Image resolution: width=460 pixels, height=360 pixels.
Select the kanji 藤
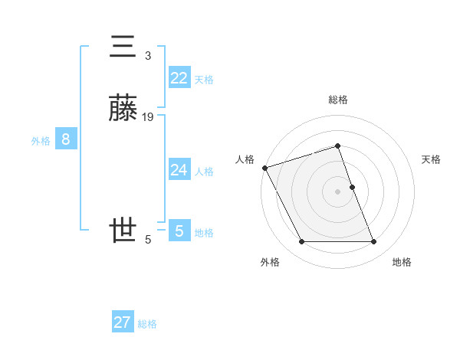[124, 110]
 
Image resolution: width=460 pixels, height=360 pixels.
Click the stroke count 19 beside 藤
[148, 116]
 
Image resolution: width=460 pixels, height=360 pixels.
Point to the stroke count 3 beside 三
[148, 55]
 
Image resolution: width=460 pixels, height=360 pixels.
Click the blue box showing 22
[179, 77]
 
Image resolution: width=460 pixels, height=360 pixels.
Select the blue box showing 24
[179, 169]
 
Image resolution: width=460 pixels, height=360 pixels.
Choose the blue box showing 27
[122, 322]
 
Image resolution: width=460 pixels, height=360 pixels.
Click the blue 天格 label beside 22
[203, 79]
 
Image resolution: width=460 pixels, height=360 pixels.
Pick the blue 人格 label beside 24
[203, 171]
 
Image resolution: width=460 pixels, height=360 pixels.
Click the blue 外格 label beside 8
[41, 141]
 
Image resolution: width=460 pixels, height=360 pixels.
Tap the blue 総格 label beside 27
[147, 324]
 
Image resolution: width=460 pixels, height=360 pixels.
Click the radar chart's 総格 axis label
[338, 100]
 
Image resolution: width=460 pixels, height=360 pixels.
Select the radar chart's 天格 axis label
[432, 159]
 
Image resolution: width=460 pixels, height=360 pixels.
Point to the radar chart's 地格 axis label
[402, 262]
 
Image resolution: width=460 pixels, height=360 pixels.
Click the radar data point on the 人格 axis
[264, 168]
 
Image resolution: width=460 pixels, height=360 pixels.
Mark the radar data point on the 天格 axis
[352, 187]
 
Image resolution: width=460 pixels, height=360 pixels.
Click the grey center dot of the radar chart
[338, 191]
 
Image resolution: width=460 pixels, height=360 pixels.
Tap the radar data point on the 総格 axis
[338, 146]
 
